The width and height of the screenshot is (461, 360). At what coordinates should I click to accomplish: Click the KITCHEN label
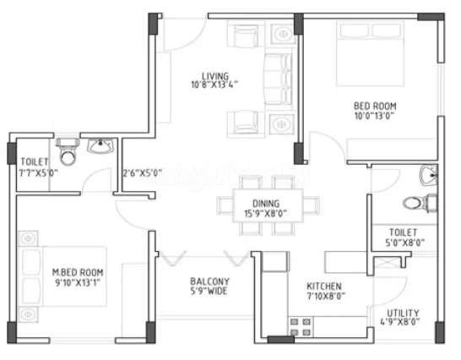point(323,286)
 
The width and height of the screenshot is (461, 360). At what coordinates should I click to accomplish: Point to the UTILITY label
point(402,313)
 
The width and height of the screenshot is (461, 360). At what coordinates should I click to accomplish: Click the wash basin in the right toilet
point(428,176)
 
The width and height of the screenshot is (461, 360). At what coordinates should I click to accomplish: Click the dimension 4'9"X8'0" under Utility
point(402,322)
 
